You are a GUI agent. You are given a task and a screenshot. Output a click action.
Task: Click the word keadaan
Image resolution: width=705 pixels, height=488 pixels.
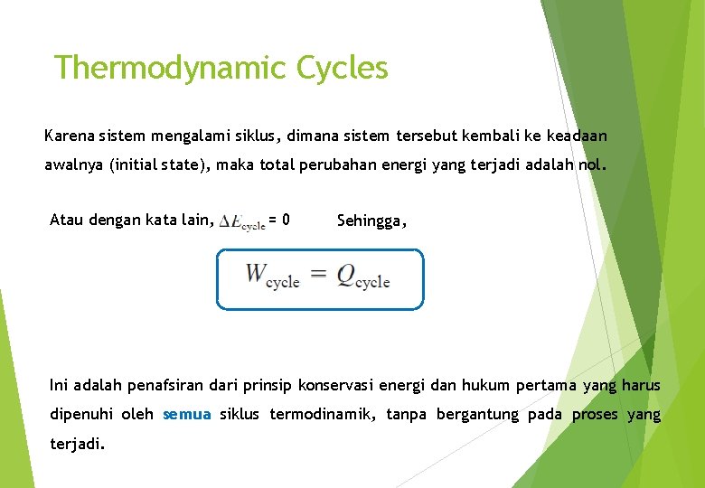(x=575, y=136)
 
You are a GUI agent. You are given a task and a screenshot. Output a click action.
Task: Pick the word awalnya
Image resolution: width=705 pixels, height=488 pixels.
(x=74, y=166)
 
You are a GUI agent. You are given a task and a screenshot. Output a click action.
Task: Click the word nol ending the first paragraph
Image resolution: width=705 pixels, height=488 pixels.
(x=592, y=166)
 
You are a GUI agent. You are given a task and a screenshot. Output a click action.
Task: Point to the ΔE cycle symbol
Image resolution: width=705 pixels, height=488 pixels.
(x=242, y=221)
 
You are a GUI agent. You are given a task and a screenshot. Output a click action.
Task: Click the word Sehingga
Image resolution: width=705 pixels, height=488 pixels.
(x=371, y=220)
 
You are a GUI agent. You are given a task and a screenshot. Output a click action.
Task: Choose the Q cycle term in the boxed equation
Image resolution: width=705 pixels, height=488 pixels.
(x=362, y=277)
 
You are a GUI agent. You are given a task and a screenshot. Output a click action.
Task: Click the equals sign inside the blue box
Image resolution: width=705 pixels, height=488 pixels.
(x=317, y=275)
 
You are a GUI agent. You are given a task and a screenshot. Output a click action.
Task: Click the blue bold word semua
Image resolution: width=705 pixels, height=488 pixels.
(x=187, y=415)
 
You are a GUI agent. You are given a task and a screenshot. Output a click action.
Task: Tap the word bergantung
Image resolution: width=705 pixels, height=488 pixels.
(x=477, y=415)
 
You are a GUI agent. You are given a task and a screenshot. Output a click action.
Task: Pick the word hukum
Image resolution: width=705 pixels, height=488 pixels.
(x=485, y=386)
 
